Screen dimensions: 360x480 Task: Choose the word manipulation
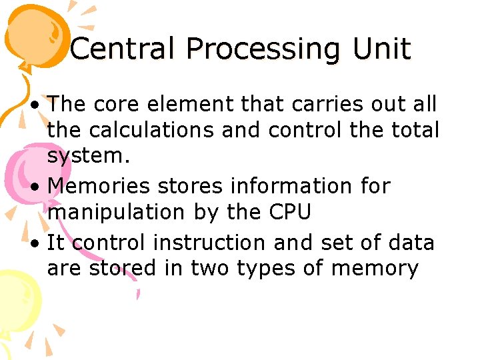(x=115, y=213)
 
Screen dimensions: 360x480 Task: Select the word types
(x=255, y=268)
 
